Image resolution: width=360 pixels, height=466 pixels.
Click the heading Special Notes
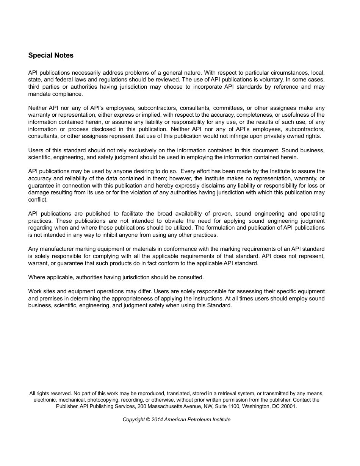tap(51, 55)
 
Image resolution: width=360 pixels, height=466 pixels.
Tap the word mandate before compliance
tap(39, 94)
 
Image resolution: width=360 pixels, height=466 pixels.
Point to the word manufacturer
tap(58, 249)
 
